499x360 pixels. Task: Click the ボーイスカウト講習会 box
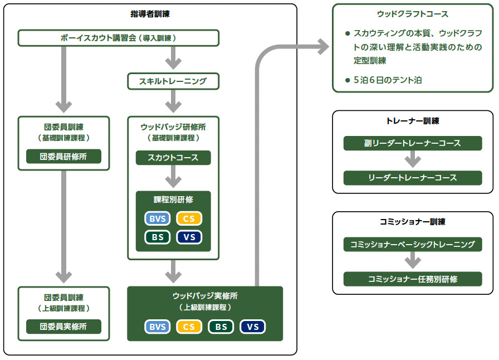pyautogui.click(x=119, y=38)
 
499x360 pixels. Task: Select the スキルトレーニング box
pyautogui.click(x=173, y=81)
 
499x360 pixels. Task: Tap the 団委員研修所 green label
pyautogui.click(x=63, y=157)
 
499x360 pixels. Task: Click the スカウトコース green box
pyautogui.click(x=173, y=158)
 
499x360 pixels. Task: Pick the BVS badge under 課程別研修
pyautogui.click(x=158, y=218)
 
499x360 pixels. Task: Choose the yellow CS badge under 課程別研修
pyautogui.click(x=189, y=218)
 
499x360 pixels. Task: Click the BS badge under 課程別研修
pyautogui.click(x=158, y=237)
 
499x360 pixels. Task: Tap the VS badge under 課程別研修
pyautogui.click(x=189, y=237)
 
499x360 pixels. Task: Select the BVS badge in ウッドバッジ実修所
pyautogui.click(x=158, y=327)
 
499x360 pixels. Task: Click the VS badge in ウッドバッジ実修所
pyautogui.click(x=253, y=327)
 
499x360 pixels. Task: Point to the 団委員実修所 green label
pyautogui.click(x=63, y=327)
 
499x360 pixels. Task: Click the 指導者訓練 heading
pyautogui.click(x=150, y=14)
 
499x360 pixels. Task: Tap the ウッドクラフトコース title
pyautogui.click(x=413, y=14)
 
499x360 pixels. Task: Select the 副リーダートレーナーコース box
pyautogui.click(x=413, y=143)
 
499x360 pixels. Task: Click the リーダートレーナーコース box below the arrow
pyautogui.click(x=413, y=178)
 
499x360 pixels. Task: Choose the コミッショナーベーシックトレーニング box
pyautogui.click(x=413, y=244)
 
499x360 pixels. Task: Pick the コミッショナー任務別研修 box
pyautogui.click(x=413, y=279)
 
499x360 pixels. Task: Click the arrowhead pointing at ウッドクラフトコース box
pyautogui.click(x=324, y=46)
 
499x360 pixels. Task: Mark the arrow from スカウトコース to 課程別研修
pyautogui.click(x=173, y=177)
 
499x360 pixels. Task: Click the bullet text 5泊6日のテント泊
pyautogui.click(x=388, y=80)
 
